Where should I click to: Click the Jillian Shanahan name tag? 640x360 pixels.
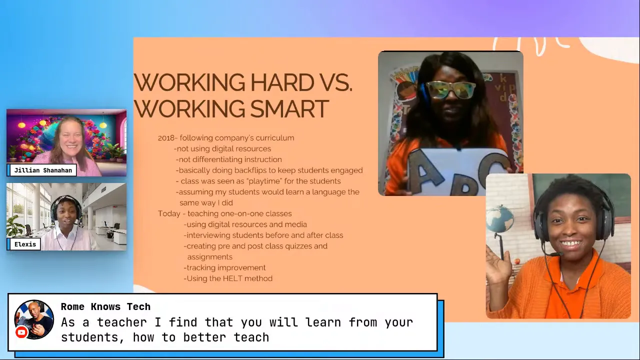(x=42, y=170)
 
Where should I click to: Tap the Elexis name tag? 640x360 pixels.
(x=25, y=244)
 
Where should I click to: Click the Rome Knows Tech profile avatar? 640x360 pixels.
(x=34, y=319)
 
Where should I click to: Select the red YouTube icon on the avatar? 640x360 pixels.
(x=21, y=332)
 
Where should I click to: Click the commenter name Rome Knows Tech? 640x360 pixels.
(x=105, y=307)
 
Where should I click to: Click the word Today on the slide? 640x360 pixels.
(x=168, y=213)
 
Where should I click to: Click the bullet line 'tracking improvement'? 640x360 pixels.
(x=225, y=267)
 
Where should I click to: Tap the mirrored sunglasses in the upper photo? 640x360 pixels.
(x=451, y=90)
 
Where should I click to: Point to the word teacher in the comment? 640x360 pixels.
(x=122, y=322)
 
